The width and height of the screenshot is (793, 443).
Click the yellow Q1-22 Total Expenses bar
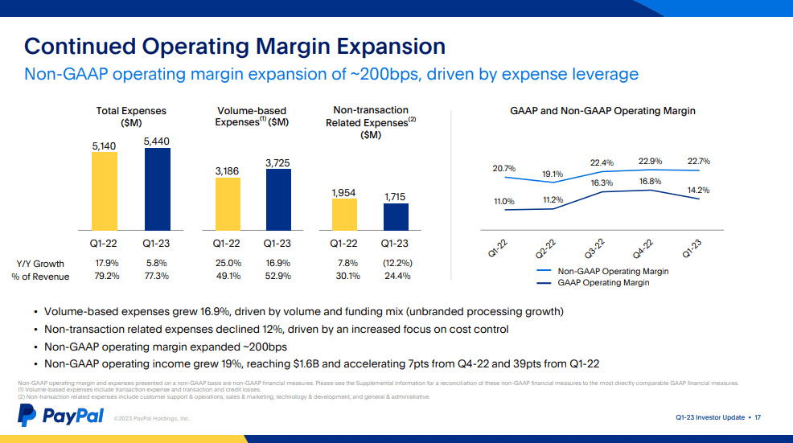pyautogui.click(x=105, y=191)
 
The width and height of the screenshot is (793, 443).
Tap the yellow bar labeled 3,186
pyautogui.click(x=228, y=204)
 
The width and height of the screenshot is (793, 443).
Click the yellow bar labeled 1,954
pyautogui.click(x=344, y=215)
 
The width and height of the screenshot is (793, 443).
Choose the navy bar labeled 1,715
pyautogui.click(x=396, y=217)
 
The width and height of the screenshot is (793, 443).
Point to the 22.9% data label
pyautogui.click(x=650, y=161)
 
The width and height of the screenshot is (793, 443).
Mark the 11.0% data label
pyautogui.click(x=503, y=201)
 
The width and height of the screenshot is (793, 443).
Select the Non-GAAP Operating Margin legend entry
pyautogui.click(x=613, y=272)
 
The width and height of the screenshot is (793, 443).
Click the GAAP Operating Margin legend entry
pyautogui.click(x=603, y=283)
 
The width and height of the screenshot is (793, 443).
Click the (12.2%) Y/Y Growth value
pyautogui.click(x=396, y=263)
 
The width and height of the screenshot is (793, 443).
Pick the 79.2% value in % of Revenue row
pyautogui.click(x=106, y=277)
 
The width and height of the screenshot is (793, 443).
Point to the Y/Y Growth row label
pyautogui.click(x=40, y=264)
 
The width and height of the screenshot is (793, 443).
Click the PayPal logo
pyautogui.click(x=61, y=416)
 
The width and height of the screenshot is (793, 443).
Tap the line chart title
pyautogui.click(x=602, y=111)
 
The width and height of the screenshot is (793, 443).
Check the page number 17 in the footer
pyautogui.click(x=758, y=417)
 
